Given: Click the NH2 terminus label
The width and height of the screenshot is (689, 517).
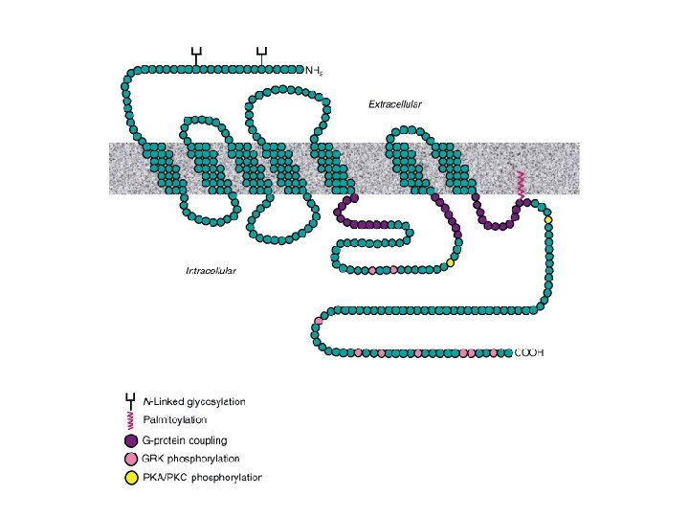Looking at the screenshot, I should click(314, 70).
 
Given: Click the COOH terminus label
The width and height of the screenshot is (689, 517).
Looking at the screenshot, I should click(529, 353).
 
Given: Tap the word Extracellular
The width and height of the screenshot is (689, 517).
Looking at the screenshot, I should click(395, 103).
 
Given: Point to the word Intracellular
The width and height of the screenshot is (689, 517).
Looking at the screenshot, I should click(211, 271).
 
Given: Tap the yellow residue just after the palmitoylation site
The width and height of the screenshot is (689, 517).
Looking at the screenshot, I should click(548, 220).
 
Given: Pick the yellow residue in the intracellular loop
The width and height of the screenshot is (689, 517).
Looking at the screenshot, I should click(450, 263).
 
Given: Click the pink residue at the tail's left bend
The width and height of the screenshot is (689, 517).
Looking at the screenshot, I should click(319, 322).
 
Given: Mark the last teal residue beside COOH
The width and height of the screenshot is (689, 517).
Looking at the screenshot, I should click(507, 353).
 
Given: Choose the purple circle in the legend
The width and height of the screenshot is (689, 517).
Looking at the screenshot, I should click(131, 441).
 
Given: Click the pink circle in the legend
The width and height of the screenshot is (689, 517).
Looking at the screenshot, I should click(131, 460).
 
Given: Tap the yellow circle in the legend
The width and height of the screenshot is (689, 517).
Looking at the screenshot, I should click(131, 478).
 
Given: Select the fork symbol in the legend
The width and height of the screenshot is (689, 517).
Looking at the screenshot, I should click(131, 400).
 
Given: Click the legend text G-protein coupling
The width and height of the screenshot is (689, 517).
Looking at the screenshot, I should click(184, 441).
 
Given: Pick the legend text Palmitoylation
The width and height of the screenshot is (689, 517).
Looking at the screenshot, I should click(174, 420).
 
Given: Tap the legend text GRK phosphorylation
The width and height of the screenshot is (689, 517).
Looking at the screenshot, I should click(190, 460).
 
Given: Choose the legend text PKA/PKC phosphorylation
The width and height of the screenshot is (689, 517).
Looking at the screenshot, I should click(202, 478).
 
